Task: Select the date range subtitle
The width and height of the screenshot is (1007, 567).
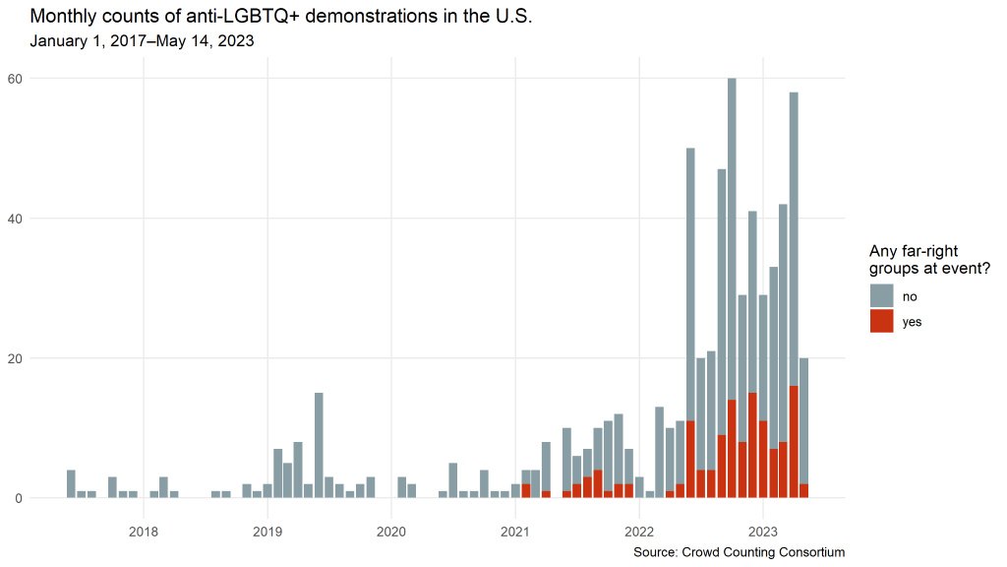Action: [143, 41]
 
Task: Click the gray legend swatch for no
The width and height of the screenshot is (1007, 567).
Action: [881, 295]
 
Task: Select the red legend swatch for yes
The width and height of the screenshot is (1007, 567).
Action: [881, 321]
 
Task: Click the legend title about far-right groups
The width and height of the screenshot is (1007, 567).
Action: [929, 260]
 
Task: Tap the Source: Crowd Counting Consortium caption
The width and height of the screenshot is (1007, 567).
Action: [740, 552]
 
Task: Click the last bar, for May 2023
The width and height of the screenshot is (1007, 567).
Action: [804, 423]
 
